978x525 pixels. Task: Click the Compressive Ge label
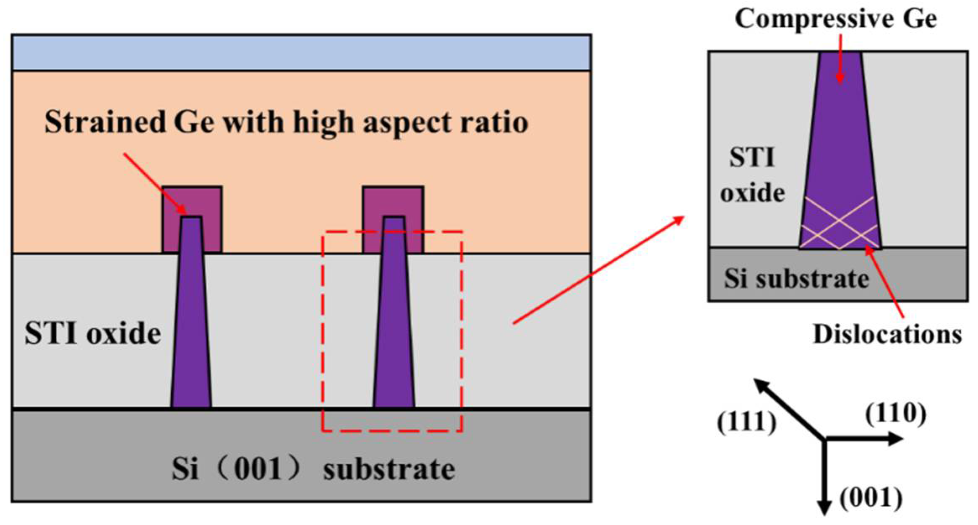(835, 19)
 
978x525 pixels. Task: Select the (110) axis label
(895, 414)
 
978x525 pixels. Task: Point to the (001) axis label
(871, 498)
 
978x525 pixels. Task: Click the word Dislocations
(887, 335)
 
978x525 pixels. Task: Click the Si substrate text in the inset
(796, 278)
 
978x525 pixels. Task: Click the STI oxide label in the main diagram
(93, 333)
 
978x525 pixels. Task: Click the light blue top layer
(301, 53)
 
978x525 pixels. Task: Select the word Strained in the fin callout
(105, 122)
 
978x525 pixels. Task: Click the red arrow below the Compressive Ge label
(840, 59)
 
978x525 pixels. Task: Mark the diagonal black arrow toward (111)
(789, 409)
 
